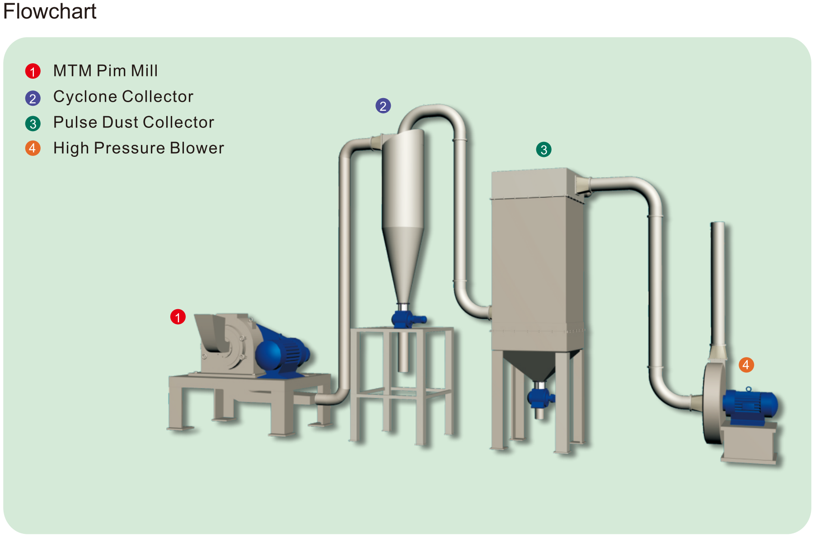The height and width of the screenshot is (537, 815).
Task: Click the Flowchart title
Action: click(50, 11)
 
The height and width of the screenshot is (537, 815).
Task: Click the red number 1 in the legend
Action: click(33, 71)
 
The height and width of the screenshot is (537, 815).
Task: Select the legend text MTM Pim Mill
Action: click(105, 71)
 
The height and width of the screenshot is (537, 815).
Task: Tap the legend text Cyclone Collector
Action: click(123, 97)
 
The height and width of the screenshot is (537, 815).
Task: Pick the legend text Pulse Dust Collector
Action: click(133, 122)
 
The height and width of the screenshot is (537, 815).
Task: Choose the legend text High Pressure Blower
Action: click(138, 148)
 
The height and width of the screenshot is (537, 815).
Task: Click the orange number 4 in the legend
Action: click(33, 148)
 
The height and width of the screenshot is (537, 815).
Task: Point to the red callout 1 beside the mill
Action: click(178, 317)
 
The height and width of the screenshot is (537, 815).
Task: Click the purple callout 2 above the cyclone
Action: click(383, 106)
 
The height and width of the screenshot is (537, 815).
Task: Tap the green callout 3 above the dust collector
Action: click(544, 150)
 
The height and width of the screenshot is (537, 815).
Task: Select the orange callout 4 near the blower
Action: click(746, 365)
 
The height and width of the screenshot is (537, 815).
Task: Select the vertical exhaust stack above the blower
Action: click(718, 280)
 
